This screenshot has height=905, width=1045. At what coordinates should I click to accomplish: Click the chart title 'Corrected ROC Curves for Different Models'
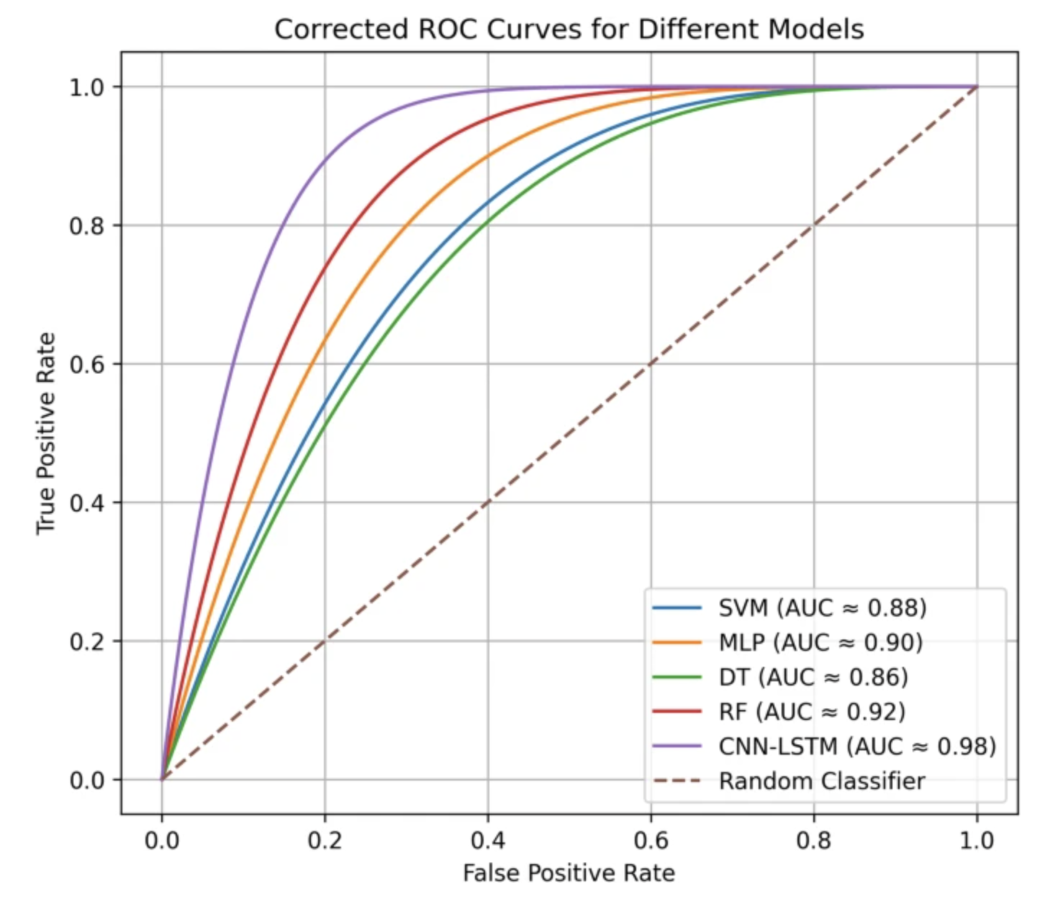(x=569, y=29)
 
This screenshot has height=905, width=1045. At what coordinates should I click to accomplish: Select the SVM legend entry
(x=790, y=607)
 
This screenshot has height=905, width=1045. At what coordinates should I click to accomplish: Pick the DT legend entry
(x=780, y=677)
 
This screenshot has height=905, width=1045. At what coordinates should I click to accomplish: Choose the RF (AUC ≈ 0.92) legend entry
(x=779, y=711)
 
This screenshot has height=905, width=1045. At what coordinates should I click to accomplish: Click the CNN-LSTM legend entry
(x=824, y=746)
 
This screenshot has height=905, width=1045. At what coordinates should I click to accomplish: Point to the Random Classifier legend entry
(x=789, y=781)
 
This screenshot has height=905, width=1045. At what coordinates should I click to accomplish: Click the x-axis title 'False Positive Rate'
(x=569, y=873)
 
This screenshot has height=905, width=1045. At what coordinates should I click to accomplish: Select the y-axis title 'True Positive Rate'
(x=45, y=434)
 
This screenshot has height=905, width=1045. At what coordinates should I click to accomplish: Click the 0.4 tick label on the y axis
(x=86, y=504)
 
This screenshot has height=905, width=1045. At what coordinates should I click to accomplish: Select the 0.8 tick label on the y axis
(x=86, y=226)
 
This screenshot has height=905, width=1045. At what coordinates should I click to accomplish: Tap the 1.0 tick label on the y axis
(x=86, y=88)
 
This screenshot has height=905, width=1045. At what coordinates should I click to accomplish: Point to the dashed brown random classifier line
(x=569, y=433)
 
